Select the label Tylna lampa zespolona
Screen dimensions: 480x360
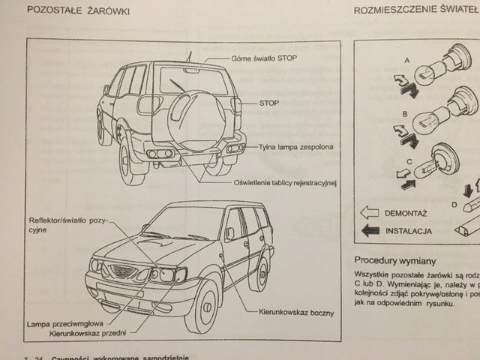(x=296, y=148)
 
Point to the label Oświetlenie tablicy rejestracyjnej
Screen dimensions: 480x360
(x=283, y=182)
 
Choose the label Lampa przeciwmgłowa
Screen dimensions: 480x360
(x=66, y=325)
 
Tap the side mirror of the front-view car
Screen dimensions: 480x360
(x=229, y=233)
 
